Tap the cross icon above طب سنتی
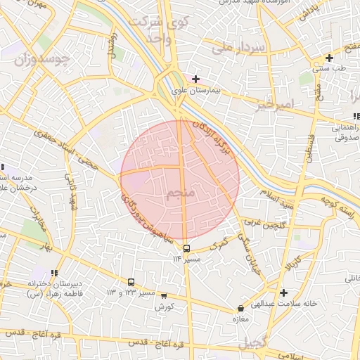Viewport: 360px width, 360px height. pos(329,58)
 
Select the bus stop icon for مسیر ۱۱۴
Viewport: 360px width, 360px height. pos(186,248)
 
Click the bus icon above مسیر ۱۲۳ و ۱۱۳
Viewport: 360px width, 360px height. pos(131,281)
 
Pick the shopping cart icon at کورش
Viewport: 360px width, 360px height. pos(164,296)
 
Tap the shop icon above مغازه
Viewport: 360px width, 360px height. pos(241,308)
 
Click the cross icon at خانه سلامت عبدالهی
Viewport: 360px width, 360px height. pos(283,292)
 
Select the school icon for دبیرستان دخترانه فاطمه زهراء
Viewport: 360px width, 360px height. pos(54,273)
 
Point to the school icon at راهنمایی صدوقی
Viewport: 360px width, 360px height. pos(355,116)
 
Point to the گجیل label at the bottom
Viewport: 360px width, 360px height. pos(255,345)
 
